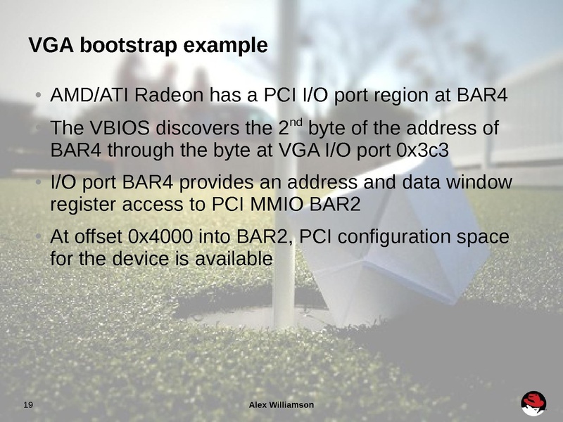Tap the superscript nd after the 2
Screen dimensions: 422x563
(296, 124)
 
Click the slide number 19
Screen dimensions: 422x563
(29, 404)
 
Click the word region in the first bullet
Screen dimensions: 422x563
(402, 95)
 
